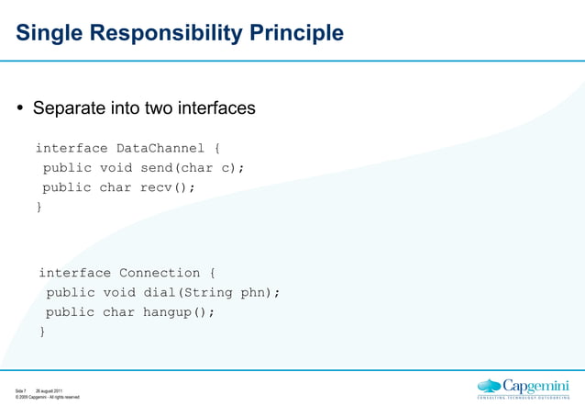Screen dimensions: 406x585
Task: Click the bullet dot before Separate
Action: [20, 108]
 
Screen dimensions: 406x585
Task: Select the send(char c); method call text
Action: [193, 168]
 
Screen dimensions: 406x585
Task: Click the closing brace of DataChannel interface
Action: [39, 208]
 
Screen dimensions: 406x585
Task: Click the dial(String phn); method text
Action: [212, 293]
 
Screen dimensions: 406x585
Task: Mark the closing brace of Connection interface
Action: [42, 332]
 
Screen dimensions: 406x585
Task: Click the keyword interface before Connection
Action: [74, 273]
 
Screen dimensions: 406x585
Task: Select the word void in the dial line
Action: [118, 293]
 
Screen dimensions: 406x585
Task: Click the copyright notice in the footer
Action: [47, 398]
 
